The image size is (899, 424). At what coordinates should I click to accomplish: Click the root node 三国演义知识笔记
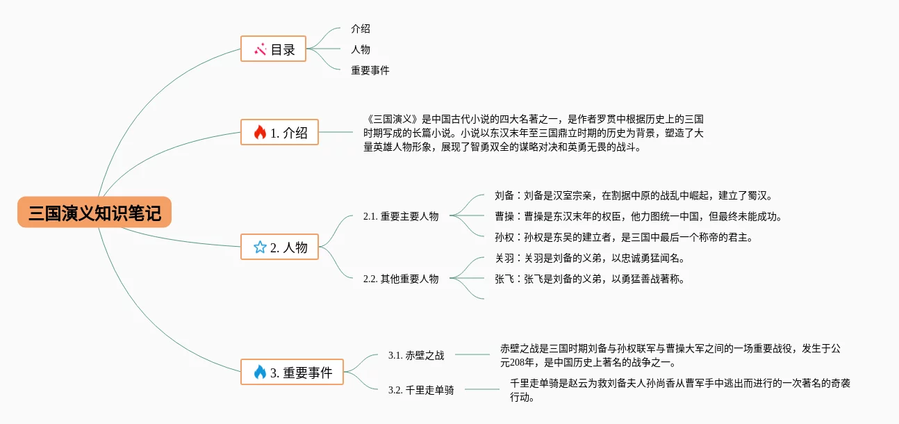coord(94,213)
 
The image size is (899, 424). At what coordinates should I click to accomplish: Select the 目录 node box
coord(273,49)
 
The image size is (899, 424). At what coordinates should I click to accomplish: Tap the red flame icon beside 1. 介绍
coord(260,132)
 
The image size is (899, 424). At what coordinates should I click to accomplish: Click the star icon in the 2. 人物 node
coord(260,247)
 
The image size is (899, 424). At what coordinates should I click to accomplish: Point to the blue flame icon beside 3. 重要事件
coord(260,373)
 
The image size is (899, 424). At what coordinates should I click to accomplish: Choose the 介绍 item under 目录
coord(361,29)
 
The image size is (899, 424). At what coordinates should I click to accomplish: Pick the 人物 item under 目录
coord(361,49)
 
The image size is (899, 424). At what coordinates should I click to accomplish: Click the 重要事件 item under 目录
coord(370,70)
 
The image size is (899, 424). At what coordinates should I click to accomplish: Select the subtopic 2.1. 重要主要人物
coord(401,216)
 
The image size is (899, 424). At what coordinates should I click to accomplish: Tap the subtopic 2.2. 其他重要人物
coord(401,279)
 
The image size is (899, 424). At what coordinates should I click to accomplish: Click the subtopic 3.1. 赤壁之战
coord(416,355)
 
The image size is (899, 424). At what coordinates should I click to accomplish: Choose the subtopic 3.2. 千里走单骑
coord(421,390)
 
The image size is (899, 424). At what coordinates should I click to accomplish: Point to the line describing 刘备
coord(633,195)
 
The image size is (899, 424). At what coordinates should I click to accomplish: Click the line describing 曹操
coord(638,216)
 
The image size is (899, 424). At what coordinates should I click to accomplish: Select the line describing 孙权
coord(623,237)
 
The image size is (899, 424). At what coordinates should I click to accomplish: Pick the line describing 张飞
coord(589,279)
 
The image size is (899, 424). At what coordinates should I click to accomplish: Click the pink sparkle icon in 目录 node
coord(260,49)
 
